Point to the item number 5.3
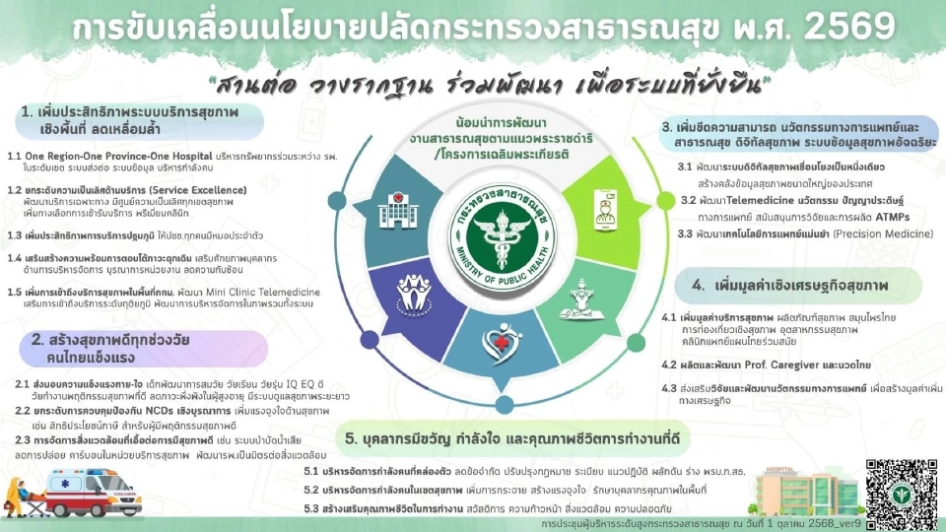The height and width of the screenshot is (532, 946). click(311, 508)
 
